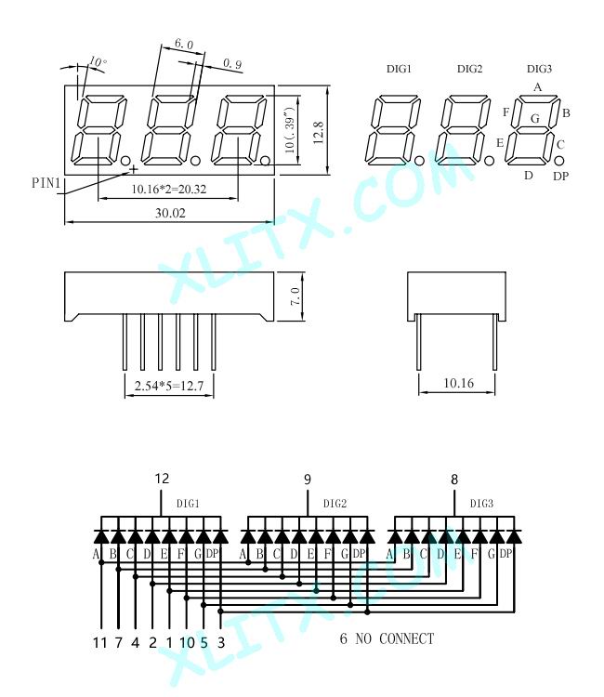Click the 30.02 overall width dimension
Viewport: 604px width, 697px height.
coord(170,213)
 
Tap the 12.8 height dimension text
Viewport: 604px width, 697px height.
coord(318,133)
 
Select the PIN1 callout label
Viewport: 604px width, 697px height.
coord(46,183)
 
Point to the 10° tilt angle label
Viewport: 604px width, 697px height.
coord(98,61)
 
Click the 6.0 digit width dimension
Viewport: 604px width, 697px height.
coord(184,44)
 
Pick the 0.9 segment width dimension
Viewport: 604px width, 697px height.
coord(232,64)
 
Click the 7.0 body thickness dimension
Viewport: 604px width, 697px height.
coord(295,296)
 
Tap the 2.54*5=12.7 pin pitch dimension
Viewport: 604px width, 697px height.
coord(169,386)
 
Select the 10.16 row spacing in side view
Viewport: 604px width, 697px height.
coord(458,383)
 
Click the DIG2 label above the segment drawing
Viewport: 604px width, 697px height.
coord(469,69)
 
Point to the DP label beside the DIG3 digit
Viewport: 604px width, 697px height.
coord(561,176)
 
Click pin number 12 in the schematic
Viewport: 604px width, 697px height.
coord(162,479)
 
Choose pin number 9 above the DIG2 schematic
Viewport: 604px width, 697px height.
coord(308,480)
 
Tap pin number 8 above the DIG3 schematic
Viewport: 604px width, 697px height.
coord(453,480)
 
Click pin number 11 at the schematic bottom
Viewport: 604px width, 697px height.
coord(100,642)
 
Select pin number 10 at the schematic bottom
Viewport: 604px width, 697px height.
coord(187,642)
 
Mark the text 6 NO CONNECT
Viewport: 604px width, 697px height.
coord(387,638)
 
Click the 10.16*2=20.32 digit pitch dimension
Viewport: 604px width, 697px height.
coord(169,190)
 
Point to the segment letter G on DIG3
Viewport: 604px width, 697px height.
coord(535,119)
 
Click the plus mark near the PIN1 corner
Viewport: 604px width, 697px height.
coord(133,169)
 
